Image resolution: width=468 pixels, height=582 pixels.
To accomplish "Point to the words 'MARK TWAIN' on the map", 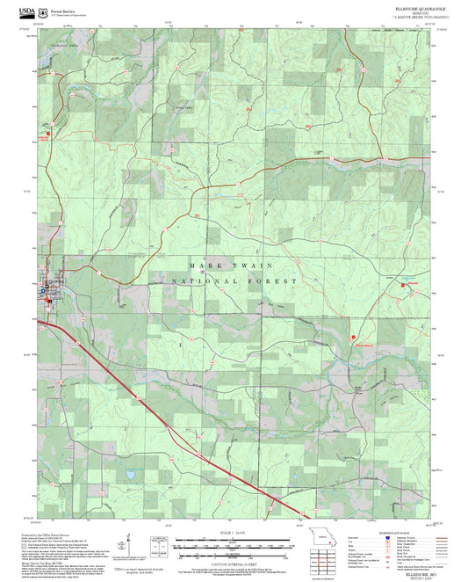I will click(x=232, y=265).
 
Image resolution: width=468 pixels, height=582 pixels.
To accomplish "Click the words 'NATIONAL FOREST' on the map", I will click(x=234, y=281).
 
